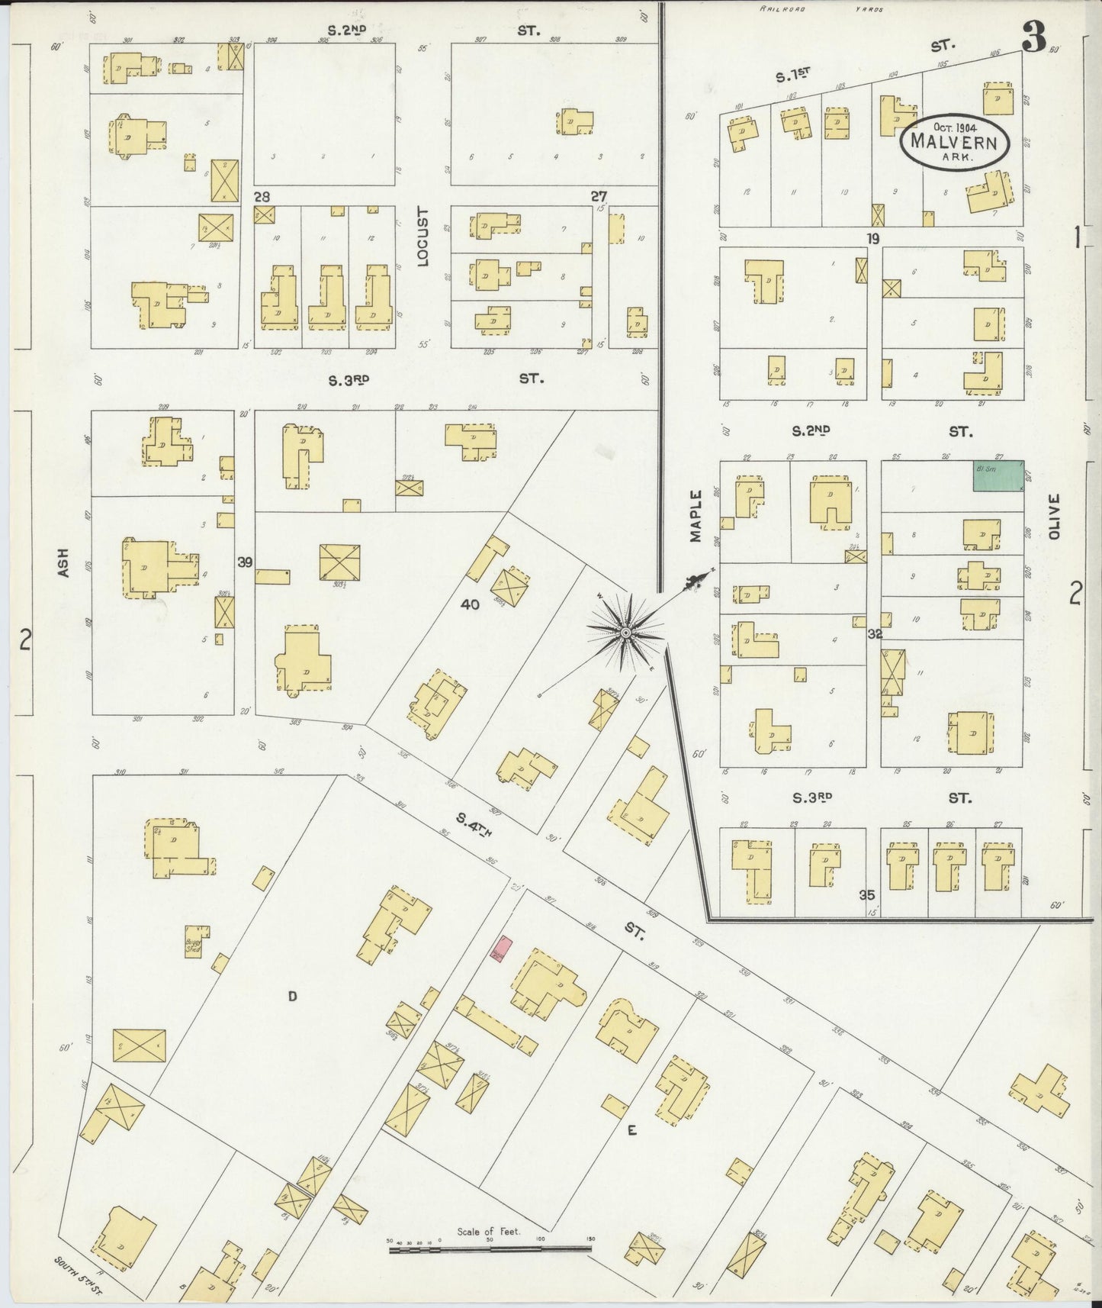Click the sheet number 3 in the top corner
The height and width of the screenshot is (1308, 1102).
click(1034, 42)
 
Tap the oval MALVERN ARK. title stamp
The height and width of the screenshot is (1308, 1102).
click(955, 142)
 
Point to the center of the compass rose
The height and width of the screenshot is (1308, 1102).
click(625, 633)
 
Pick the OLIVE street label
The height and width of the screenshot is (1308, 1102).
click(1055, 516)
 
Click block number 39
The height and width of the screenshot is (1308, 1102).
click(244, 562)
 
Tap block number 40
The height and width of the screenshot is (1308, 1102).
click(471, 604)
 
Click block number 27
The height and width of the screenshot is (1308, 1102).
click(599, 196)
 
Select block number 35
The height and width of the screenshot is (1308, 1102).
click(866, 895)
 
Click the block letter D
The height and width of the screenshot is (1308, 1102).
click(291, 995)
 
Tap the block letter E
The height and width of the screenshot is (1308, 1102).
click(631, 1131)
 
